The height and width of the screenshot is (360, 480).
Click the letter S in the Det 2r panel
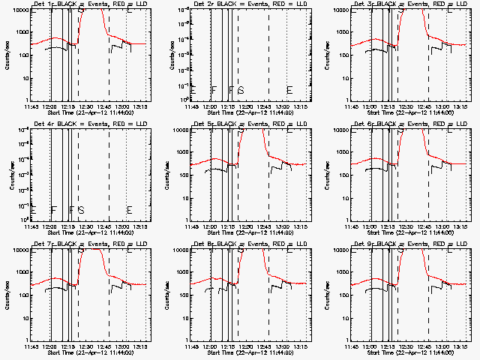click(x=241, y=90)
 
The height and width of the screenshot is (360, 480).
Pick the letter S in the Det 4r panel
click(x=81, y=210)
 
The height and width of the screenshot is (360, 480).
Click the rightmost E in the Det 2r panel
click(x=289, y=90)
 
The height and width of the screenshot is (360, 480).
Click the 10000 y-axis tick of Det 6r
click(x=340, y=130)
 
